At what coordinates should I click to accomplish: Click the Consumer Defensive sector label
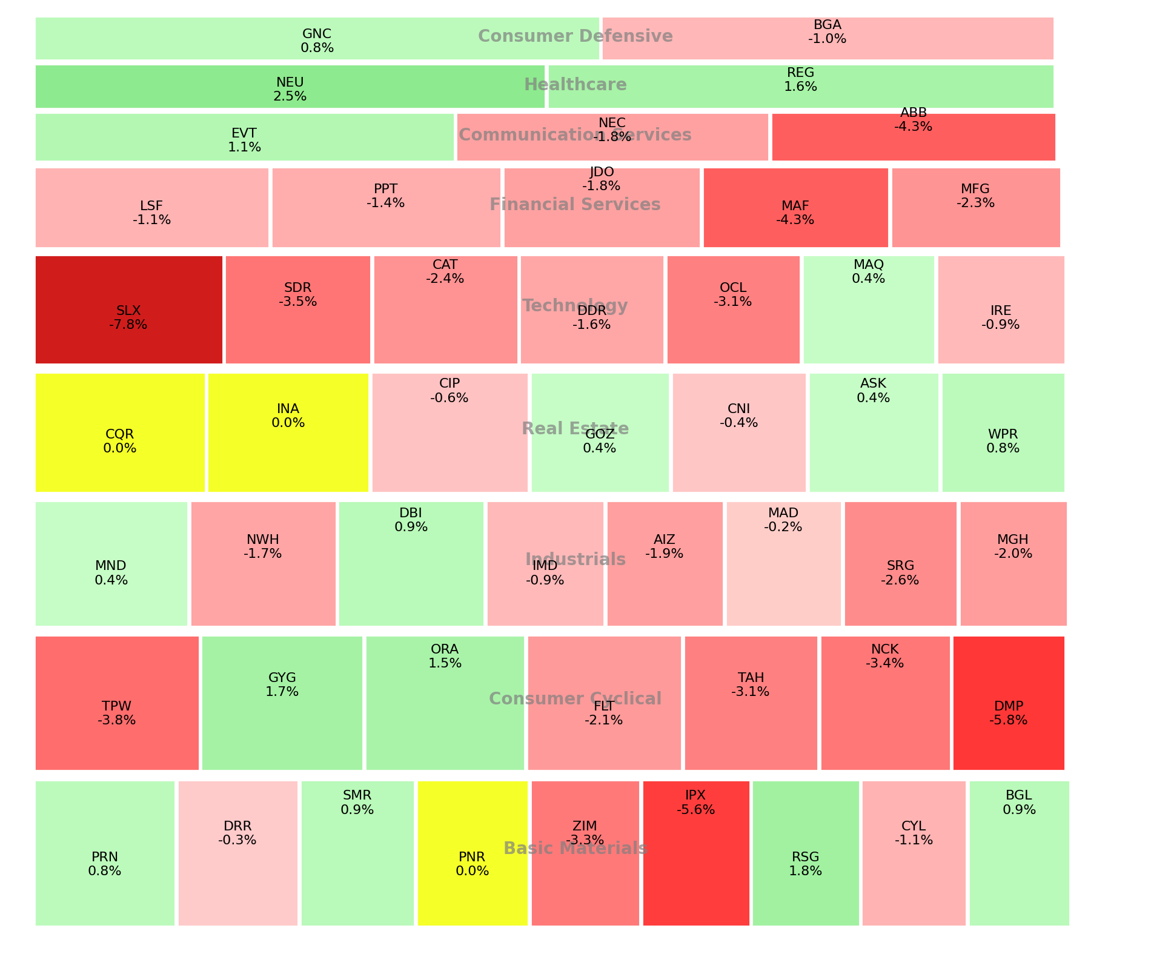(x=575, y=36)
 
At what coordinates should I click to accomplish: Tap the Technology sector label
(x=575, y=306)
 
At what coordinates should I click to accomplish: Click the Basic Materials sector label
(x=575, y=848)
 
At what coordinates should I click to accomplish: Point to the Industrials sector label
(x=575, y=559)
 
